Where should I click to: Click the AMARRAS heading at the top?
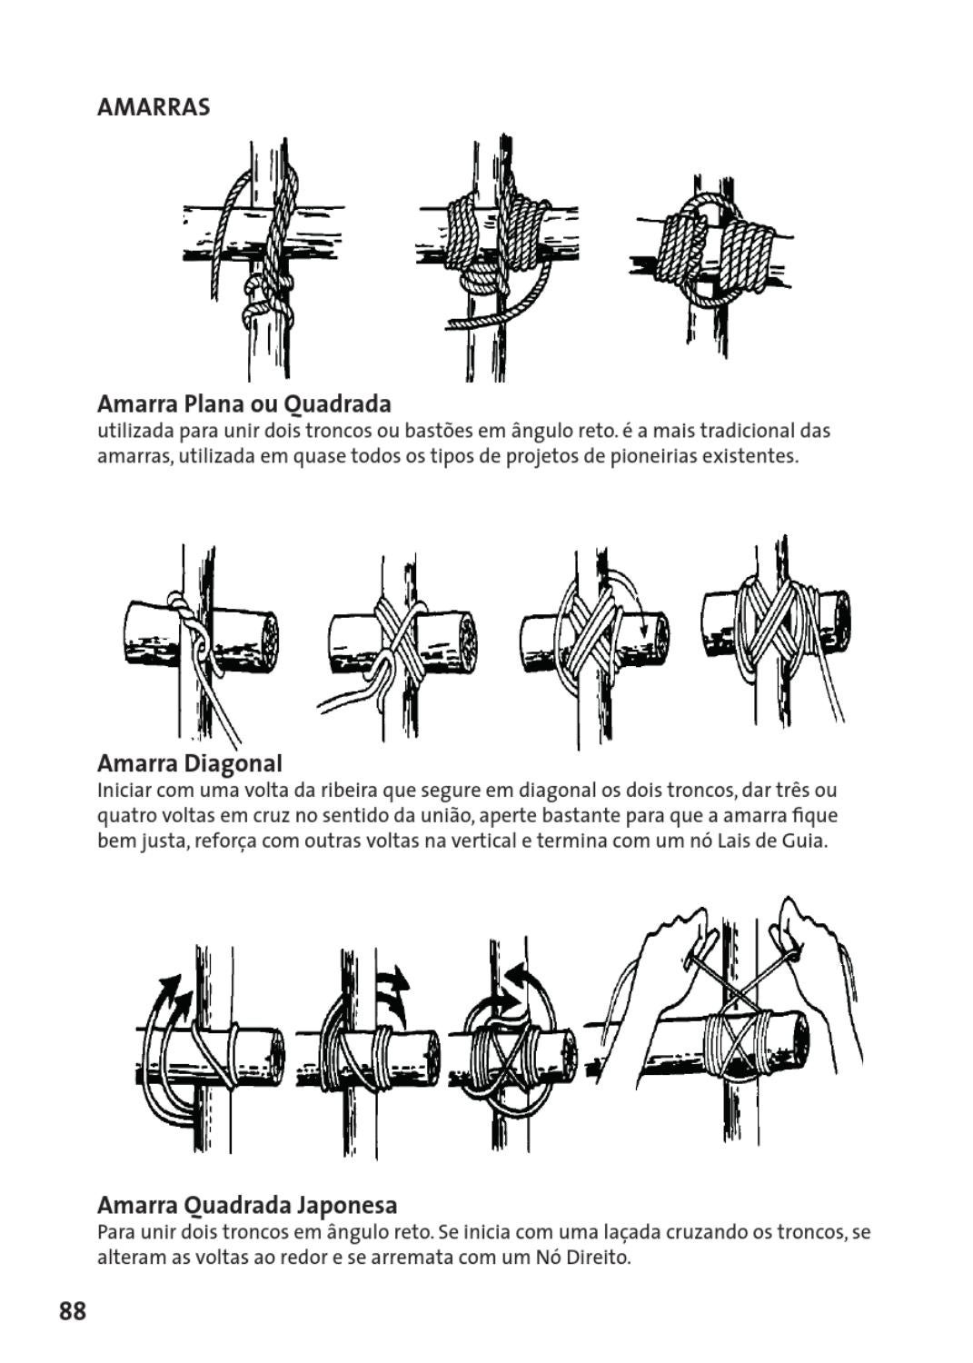click(x=153, y=107)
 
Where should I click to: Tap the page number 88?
click(x=73, y=1311)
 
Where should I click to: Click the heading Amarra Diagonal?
click(x=189, y=762)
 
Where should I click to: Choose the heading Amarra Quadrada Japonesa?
click(x=246, y=1205)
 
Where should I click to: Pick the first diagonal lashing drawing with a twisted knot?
click(x=201, y=641)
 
